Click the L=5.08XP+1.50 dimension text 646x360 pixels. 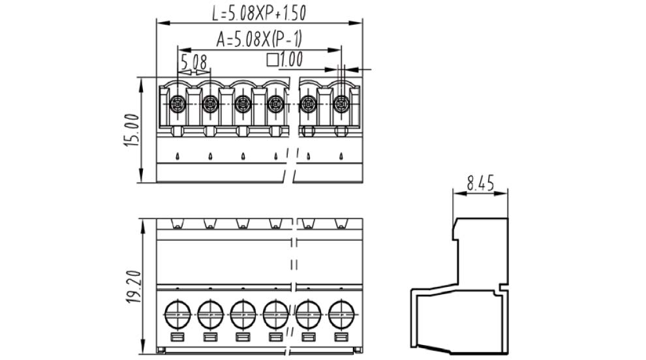(x=259, y=11)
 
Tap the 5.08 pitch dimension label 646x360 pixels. (x=193, y=62)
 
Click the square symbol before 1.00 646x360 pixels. (x=273, y=61)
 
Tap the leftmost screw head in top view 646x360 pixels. (x=177, y=104)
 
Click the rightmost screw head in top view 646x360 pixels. (x=341, y=104)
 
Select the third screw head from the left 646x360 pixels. (x=243, y=104)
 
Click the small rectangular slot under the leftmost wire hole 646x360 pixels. (x=177, y=337)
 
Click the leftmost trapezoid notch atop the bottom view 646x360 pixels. (x=177, y=224)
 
